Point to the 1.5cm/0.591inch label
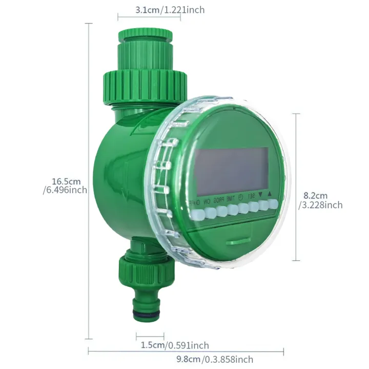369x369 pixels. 175,345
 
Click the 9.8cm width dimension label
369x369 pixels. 215,359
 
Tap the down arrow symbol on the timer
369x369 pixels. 261,195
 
